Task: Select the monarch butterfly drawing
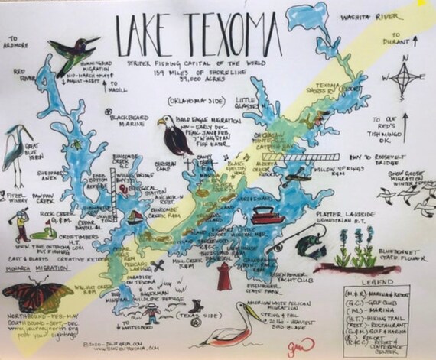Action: pyautogui.click(x=37, y=297)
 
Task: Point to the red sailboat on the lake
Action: pyautogui.click(x=135, y=217)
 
